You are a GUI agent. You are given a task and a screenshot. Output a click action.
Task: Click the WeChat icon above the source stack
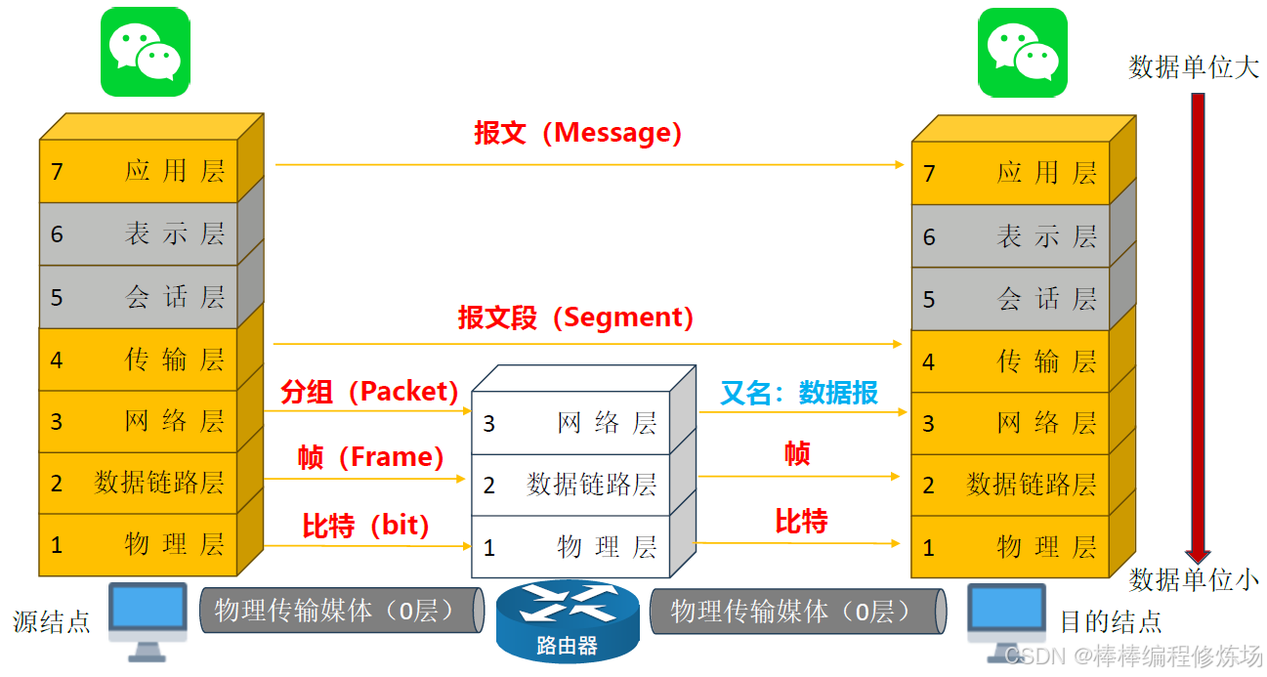tap(145, 52)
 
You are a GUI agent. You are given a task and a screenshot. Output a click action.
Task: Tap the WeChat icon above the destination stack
tap(1024, 52)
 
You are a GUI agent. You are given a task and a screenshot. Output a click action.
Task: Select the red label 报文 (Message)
tap(577, 133)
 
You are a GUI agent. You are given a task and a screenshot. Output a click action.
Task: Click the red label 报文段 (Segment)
tap(576, 317)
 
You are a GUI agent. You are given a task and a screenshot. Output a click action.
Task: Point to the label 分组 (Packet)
tap(370, 392)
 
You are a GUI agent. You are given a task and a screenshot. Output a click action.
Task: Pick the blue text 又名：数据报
tap(799, 393)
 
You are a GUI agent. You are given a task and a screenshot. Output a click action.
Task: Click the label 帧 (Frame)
tap(370, 456)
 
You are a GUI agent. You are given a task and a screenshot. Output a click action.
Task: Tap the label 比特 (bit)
tap(366, 526)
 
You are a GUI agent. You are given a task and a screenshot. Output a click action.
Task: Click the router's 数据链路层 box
tap(571, 485)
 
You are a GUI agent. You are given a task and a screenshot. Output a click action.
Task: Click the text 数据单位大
tap(1194, 67)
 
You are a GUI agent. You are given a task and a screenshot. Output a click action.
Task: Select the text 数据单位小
tap(1194, 579)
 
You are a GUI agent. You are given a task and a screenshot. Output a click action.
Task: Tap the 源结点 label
tap(52, 621)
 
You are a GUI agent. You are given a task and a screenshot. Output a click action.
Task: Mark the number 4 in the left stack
tap(57, 360)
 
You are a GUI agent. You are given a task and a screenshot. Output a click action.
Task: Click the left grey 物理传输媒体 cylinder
tap(340, 612)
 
